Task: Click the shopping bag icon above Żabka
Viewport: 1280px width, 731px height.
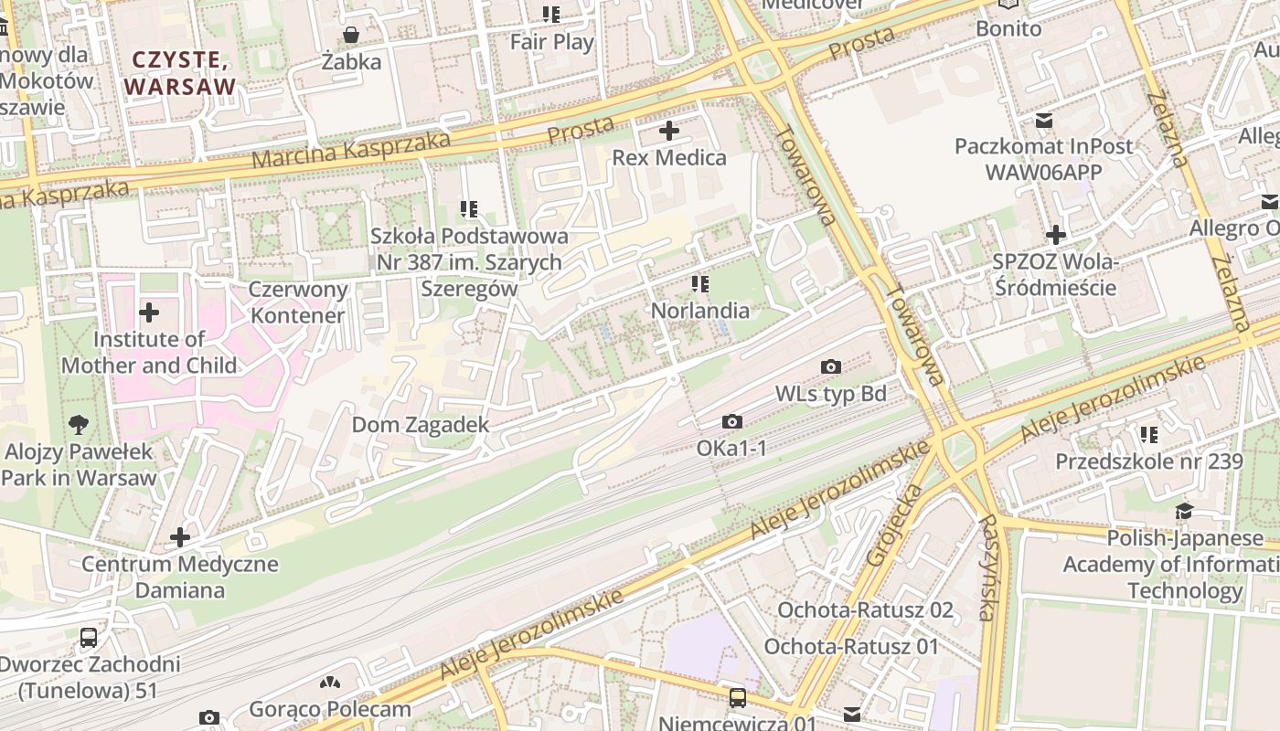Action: pyautogui.click(x=350, y=36)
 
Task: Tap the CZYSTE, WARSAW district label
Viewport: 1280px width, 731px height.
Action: pyautogui.click(x=180, y=73)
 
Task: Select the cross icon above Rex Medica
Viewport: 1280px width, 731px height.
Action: pyautogui.click(x=669, y=131)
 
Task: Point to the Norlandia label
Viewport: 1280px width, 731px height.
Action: pyautogui.click(x=699, y=311)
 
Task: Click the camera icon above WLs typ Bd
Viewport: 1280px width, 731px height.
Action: pyautogui.click(x=830, y=367)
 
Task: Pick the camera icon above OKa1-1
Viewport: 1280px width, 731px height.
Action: pyautogui.click(x=731, y=422)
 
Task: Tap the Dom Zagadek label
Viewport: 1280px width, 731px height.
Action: pyautogui.click(x=421, y=425)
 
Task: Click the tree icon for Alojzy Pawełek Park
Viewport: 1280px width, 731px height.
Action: pyautogui.click(x=80, y=424)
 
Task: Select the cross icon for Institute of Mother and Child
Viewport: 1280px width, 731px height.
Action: pyautogui.click(x=148, y=313)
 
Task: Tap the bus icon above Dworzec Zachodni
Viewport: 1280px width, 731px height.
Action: pyautogui.click(x=89, y=638)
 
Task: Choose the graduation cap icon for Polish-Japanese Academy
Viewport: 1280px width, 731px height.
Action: pyautogui.click(x=1184, y=512)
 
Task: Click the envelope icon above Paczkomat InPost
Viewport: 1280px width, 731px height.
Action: pyautogui.click(x=1043, y=120)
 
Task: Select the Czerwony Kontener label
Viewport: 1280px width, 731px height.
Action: pyautogui.click(x=298, y=302)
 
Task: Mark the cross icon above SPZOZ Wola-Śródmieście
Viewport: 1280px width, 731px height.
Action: pyautogui.click(x=1056, y=235)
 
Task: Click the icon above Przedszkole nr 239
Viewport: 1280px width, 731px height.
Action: pyautogui.click(x=1149, y=434)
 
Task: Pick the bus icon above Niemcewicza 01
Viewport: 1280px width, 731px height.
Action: pyautogui.click(x=738, y=698)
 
